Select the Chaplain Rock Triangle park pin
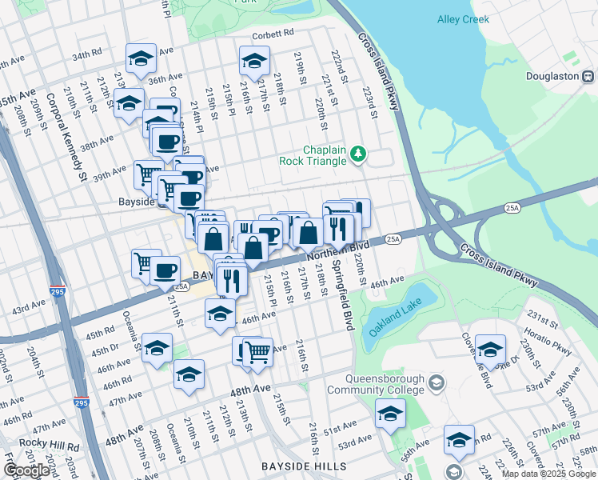359,154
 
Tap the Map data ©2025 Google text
548,474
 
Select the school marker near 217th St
254,61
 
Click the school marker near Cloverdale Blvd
490,348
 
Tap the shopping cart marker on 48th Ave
257,350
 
